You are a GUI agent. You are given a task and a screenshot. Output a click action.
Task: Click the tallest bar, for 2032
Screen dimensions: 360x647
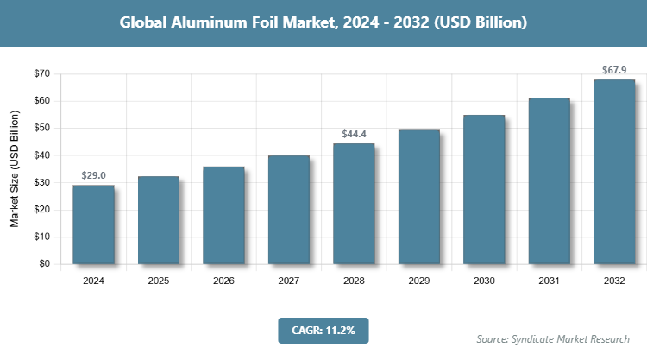coord(614,172)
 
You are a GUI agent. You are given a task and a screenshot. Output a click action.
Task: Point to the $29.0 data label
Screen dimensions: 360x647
coord(93,175)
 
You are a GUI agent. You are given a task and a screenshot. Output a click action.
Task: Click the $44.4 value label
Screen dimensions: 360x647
coord(354,134)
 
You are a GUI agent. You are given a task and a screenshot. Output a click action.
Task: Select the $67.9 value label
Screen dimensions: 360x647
coord(614,69)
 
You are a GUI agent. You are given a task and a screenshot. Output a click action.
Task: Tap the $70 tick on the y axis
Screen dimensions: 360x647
coord(41,73)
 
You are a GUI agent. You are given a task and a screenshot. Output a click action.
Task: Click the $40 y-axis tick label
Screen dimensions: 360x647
coord(41,155)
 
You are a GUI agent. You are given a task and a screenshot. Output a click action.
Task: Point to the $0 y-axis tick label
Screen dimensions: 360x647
coord(44,264)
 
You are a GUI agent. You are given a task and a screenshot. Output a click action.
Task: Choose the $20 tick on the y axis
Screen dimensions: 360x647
coord(41,210)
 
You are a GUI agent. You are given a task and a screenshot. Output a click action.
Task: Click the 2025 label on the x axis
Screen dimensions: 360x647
coord(159,281)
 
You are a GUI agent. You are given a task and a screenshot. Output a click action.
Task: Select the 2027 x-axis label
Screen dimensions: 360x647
coord(289,281)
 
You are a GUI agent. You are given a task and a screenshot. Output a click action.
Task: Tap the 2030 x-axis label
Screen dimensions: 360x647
coord(484,281)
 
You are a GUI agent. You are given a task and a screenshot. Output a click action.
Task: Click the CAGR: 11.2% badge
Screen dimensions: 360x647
coord(323,330)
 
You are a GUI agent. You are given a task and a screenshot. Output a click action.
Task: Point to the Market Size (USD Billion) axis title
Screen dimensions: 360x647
coord(15,169)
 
